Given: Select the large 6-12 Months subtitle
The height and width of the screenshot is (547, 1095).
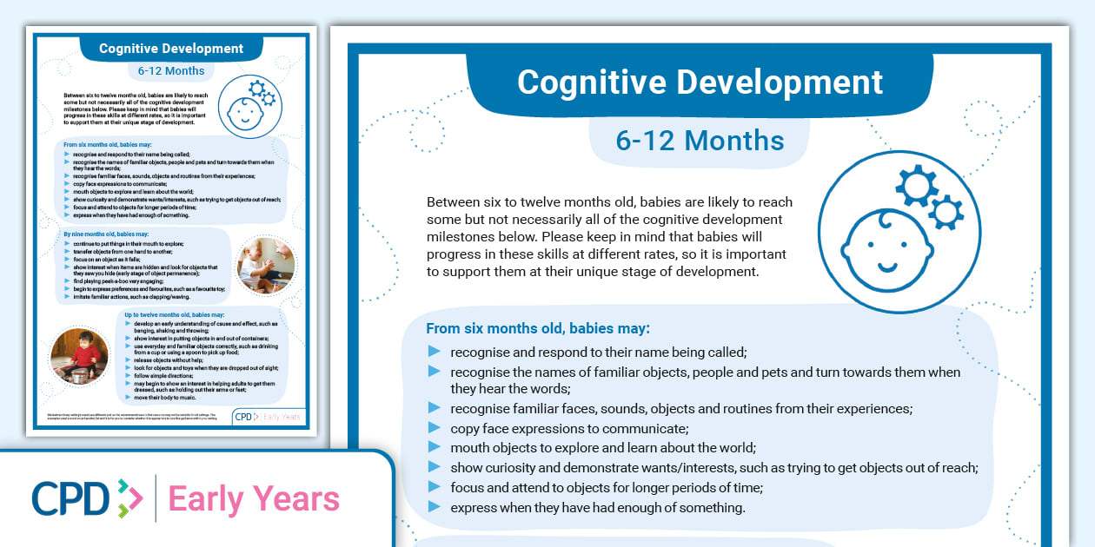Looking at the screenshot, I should coord(700,141).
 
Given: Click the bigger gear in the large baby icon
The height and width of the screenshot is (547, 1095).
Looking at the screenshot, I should coord(915,183).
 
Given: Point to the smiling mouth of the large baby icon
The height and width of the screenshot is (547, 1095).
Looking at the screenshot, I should coord(887,264).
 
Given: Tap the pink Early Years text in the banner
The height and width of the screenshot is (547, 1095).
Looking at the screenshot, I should coord(254,499).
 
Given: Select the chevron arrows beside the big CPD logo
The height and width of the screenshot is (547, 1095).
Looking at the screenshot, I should coord(129,499).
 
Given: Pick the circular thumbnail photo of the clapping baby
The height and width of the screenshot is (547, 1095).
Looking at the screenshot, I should coord(266,265).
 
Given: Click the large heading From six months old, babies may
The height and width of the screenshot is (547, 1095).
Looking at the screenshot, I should coord(538,329).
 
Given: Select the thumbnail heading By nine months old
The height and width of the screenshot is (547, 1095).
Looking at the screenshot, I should coord(106,234).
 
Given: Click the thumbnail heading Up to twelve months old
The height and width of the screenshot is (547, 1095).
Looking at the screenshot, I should coord(175,314).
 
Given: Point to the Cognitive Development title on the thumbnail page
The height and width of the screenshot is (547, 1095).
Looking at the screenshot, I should coord(171,49).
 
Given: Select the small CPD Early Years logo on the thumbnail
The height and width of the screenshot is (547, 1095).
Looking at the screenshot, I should coord(269,417).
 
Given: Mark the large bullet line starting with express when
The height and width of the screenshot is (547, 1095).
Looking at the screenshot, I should coord(598,508).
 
